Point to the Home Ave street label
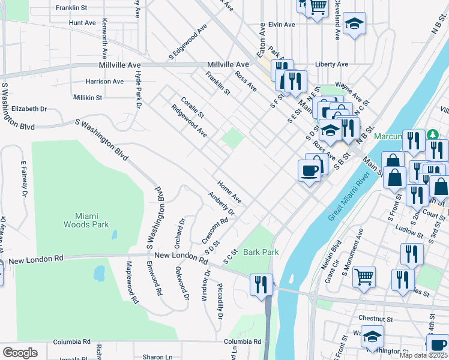coord(229,191)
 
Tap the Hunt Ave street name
coord(82,22)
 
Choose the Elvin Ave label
coord(282,25)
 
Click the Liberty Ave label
coord(332,64)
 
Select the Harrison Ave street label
coord(104,81)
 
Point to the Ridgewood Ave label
coord(189,121)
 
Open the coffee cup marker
coord(310,170)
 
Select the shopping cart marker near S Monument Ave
coord(364,276)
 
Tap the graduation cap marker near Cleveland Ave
coord(355,23)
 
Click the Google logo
coord(20,353)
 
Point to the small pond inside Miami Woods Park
coord(99,274)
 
